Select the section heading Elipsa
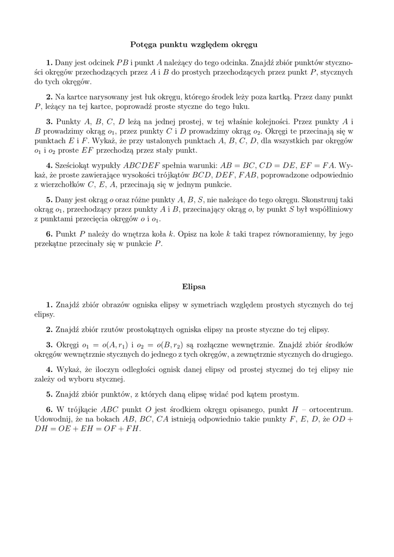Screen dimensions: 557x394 194,285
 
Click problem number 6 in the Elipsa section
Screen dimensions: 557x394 49,409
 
